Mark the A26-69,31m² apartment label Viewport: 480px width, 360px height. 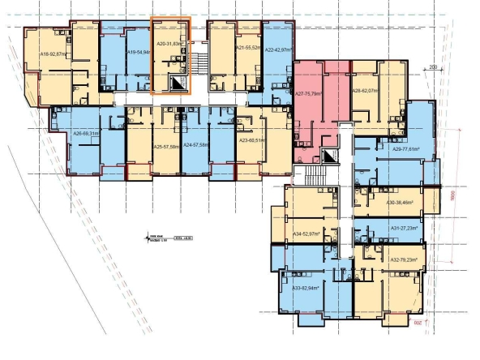coord(85,133)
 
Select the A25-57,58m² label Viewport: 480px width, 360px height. coord(166,147)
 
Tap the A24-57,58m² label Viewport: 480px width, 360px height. coord(196,147)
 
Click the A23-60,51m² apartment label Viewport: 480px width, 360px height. coord(254,140)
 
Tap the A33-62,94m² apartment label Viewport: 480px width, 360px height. coord(306,288)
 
